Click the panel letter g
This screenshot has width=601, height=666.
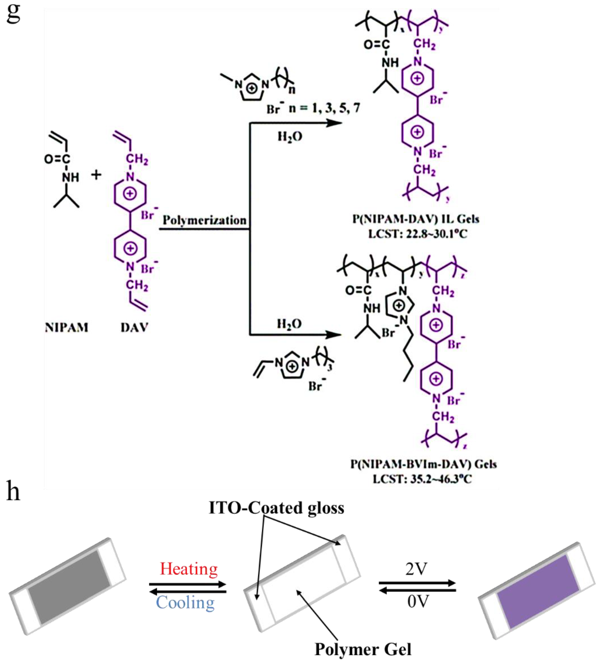click(13, 14)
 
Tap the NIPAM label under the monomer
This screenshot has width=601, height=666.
click(67, 328)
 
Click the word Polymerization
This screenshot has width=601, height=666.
click(204, 220)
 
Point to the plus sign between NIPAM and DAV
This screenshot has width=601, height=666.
click(96, 175)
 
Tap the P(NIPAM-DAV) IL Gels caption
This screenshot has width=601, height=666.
click(416, 219)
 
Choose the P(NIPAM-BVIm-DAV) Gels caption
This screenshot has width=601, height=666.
click(423, 464)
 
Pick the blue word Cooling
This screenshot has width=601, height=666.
click(185, 602)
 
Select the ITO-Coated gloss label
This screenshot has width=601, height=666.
click(276, 508)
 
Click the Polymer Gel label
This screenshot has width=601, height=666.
click(363, 649)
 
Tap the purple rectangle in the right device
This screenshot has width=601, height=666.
click(538, 592)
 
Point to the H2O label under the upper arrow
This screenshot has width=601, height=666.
click(290, 136)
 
